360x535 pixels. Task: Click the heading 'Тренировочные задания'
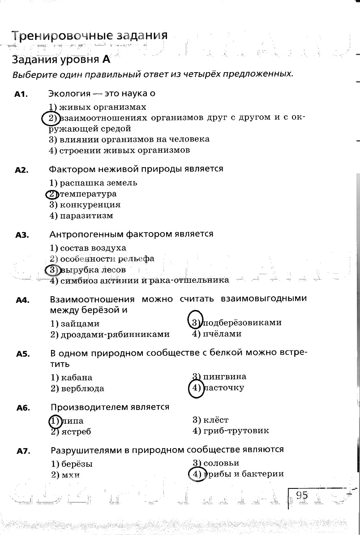(90, 36)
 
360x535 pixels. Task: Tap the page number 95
(302, 495)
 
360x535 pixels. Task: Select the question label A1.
(21, 94)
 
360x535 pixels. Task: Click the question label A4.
(22, 300)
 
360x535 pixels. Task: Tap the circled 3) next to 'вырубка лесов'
(52, 270)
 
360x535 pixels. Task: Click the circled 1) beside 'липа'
(55, 421)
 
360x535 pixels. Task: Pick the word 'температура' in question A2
(88, 194)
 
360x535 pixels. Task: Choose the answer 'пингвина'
(224, 376)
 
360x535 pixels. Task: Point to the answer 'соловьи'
(221, 463)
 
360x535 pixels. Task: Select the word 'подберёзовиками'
(242, 323)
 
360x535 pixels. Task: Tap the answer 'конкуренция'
(90, 205)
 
